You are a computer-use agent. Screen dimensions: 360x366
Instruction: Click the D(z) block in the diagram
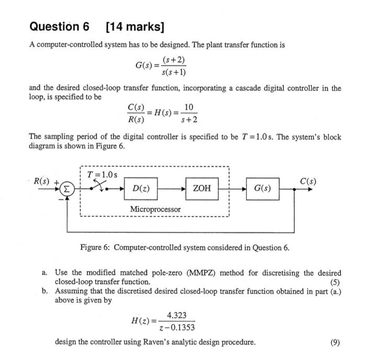pos(141,188)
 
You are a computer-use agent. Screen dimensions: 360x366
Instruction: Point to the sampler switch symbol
pos(98,185)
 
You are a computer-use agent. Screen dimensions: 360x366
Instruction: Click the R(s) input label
pos(42,182)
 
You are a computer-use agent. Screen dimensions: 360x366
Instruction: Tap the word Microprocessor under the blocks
pos(156,209)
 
